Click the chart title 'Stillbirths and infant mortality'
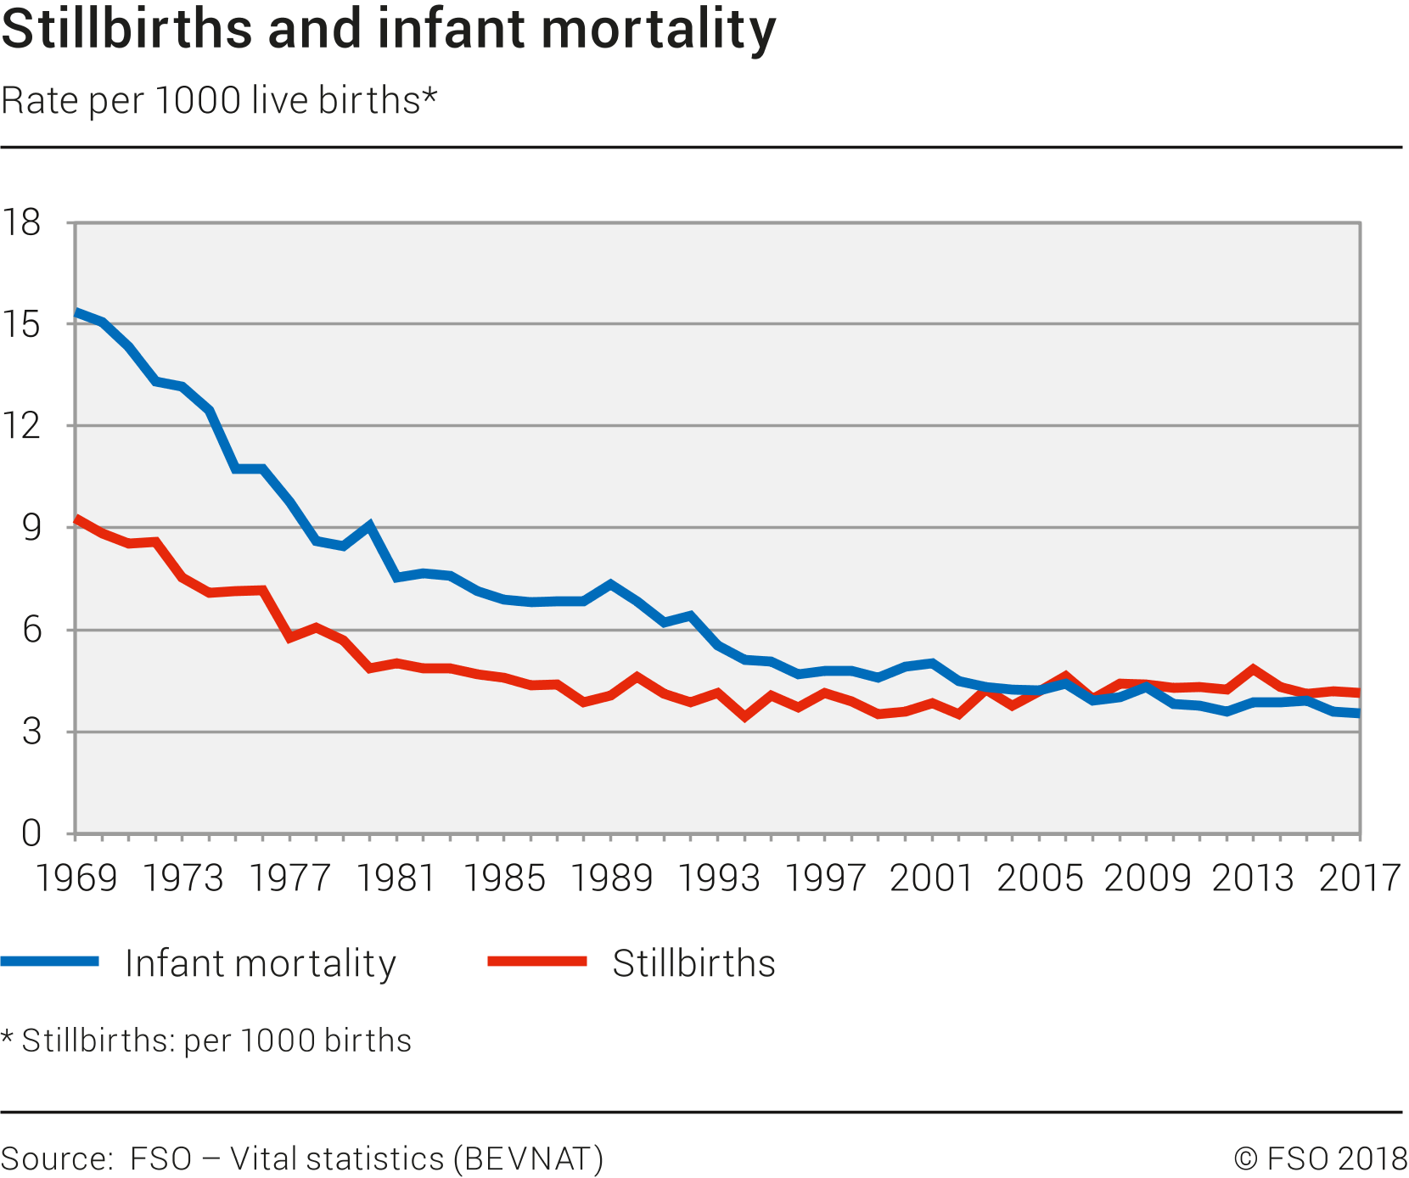coord(389,29)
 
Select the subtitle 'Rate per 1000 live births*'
coord(219,100)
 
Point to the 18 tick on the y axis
coord(22,222)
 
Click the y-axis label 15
coord(22,324)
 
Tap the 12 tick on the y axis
coord(22,425)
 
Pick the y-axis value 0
coord(31,833)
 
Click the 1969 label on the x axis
coord(76,878)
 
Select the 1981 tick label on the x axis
coord(396,878)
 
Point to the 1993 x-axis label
coord(718,878)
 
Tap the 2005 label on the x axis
coord(1040,878)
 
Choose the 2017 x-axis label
coord(1360,878)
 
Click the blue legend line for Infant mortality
coord(50,962)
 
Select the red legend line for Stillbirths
coord(537,962)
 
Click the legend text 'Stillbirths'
coord(693,963)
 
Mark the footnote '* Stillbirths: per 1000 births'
coord(206,1041)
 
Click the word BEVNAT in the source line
coord(528,1158)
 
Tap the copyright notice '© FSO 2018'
coord(1320,1158)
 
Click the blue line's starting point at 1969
coord(76,312)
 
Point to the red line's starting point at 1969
coord(76,519)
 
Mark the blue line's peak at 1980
coord(370,526)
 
